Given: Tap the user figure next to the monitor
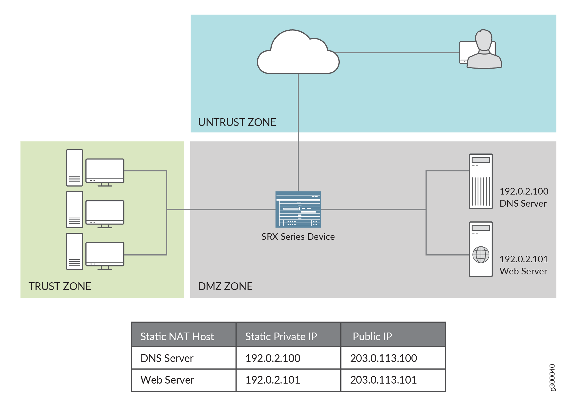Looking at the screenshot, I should [x=484, y=51].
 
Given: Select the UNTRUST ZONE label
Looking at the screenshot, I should [x=237, y=122].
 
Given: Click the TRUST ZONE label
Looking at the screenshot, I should [x=60, y=286].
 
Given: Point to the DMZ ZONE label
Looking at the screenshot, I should [x=225, y=286].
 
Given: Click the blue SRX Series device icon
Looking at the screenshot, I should [x=298, y=209].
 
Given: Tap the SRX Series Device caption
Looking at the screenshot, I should [x=298, y=237].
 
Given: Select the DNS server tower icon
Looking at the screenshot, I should [x=480, y=181].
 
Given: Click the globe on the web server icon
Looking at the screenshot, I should [x=481, y=255].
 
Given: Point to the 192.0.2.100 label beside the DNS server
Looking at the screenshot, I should [x=523, y=191].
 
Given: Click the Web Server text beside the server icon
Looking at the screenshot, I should [x=523, y=271].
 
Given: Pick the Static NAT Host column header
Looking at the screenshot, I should [x=177, y=336].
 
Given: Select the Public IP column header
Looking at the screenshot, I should [x=372, y=336].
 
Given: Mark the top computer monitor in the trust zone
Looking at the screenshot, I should [x=105, y=171].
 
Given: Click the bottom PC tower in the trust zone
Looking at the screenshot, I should [x=74, y=251].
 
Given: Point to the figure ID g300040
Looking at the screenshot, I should [x=552, y=378].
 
